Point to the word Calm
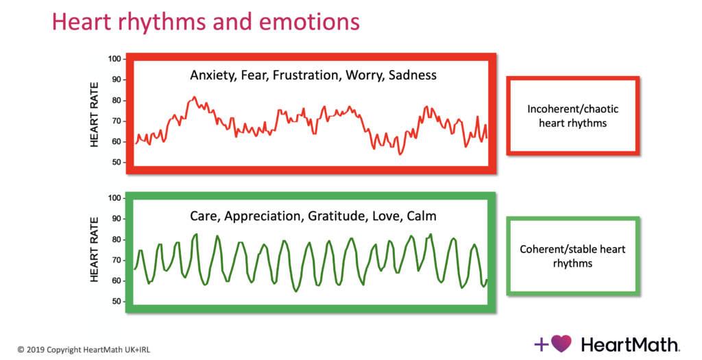422,216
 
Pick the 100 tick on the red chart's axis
114,59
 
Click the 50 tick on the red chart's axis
117,162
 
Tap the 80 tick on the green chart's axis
117,239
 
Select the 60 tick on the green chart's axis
117,280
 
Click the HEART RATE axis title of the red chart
94,115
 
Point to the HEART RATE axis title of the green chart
94,250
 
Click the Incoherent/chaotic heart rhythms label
572,116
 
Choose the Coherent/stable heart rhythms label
572,256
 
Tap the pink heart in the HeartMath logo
561,344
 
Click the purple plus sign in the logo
542,344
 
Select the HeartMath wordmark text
630,344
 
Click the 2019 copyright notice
84,350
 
